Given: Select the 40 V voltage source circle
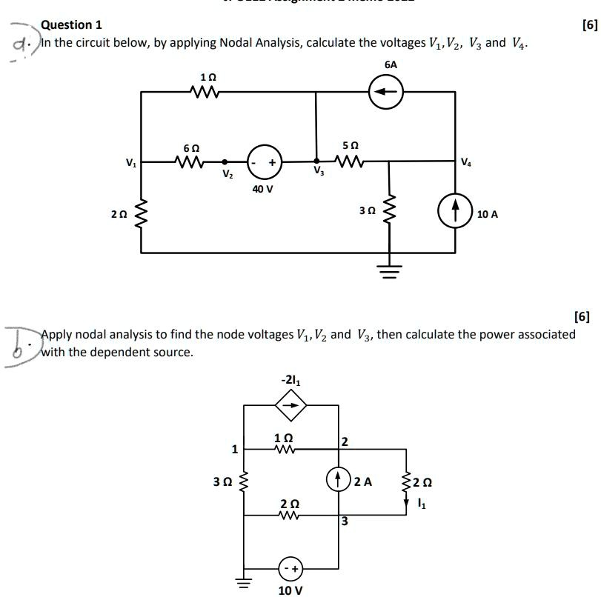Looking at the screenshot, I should [x=265, y=161].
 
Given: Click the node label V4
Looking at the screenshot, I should [x=465, y=161].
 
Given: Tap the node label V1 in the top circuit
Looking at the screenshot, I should [x=130, y=161].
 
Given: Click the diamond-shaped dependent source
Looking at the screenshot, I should [x=290, y=405].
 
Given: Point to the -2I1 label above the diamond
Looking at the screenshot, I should [x=290, y=381].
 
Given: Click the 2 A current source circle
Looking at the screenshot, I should [x=339, y=480].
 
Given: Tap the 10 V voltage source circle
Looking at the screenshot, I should [x=290, y=569].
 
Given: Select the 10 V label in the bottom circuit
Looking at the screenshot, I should [x=290, y=590].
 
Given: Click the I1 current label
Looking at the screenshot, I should [x=422, y=504].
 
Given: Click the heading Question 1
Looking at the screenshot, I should [x=71, y=25].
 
